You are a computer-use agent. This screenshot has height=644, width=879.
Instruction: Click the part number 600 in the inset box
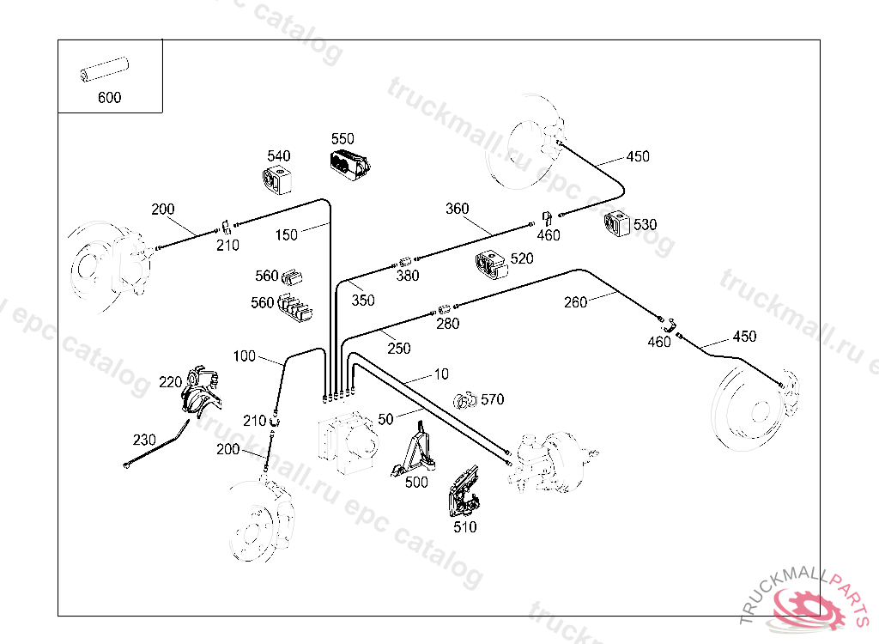point(109,97)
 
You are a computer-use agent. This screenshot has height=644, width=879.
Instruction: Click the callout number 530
point(645,224)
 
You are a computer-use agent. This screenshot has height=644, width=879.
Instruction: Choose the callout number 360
point(458,209)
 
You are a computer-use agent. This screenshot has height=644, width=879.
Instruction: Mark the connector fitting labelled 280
point(445,307)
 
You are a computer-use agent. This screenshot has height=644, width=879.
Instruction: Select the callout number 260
point(576,301)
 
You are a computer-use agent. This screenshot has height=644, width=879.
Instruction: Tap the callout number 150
point(287,234)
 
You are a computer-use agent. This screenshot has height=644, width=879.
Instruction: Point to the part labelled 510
point(464,496)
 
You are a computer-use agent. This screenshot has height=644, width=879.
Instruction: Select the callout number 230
point(144,440)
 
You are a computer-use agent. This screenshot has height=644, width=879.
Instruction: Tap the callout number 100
point(245,355)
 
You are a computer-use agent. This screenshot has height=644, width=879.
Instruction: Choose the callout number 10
point(441,374)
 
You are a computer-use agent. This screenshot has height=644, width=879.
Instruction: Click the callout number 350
point(363,301)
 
